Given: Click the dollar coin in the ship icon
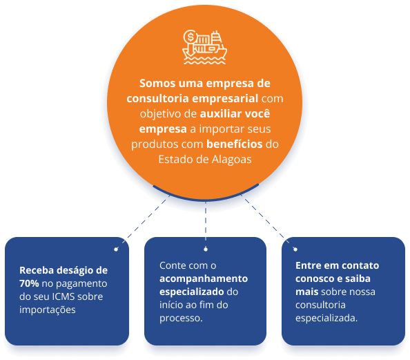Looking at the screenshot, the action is (x=190, y=37).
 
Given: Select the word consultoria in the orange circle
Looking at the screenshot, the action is (x=157, y=98).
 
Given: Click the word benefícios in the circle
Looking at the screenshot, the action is (x=234, y=144).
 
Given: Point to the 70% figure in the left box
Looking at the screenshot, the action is (x=29, y=283).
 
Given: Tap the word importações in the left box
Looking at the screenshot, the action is (x=48, y=310).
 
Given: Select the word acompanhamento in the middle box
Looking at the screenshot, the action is (x=204, y=279).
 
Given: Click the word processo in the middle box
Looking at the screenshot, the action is (x=180, y=318).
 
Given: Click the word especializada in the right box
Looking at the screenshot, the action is (x=325, y=318).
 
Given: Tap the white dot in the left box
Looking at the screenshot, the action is (x=116, y=249).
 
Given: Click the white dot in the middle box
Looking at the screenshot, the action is (x=206, y=249).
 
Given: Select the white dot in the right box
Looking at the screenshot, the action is (x=295, y=249).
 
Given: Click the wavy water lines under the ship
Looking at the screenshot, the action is (x=204, y=61).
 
